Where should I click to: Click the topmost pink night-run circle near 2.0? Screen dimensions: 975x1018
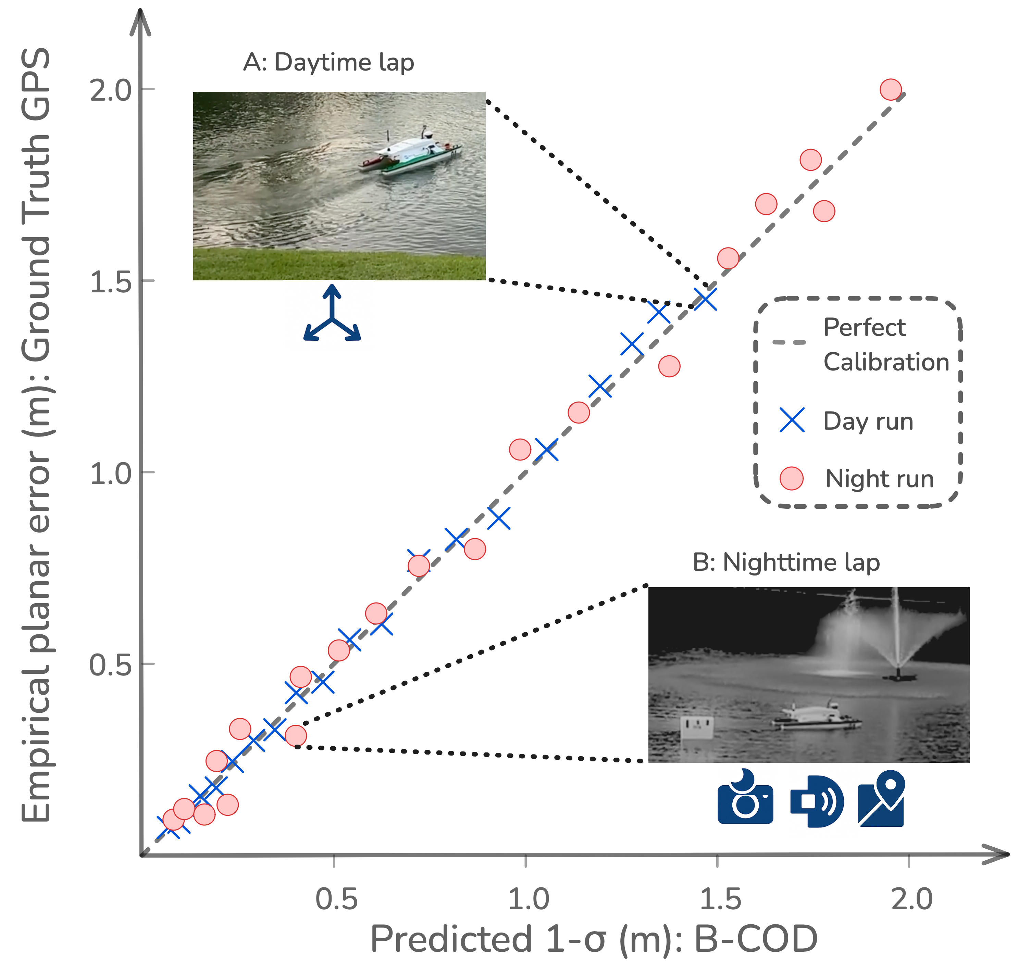click(x=890, y=89)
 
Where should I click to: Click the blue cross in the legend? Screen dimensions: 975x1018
click(x=792, y=420)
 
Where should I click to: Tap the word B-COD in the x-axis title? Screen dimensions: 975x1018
click(x=756, y=939)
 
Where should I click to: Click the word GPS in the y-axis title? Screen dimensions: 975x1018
click(x=36, y=83)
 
